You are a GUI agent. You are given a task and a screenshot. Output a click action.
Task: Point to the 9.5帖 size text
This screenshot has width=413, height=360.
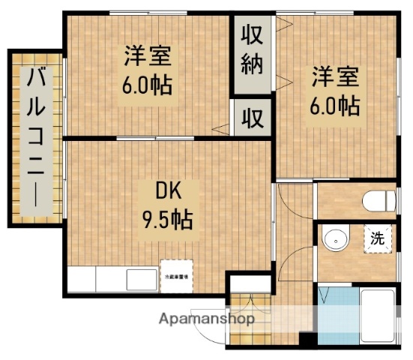167,219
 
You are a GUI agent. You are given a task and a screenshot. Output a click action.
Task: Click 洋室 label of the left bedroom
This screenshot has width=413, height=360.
147,56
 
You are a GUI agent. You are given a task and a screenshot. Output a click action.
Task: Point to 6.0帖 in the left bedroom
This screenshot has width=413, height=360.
147,83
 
